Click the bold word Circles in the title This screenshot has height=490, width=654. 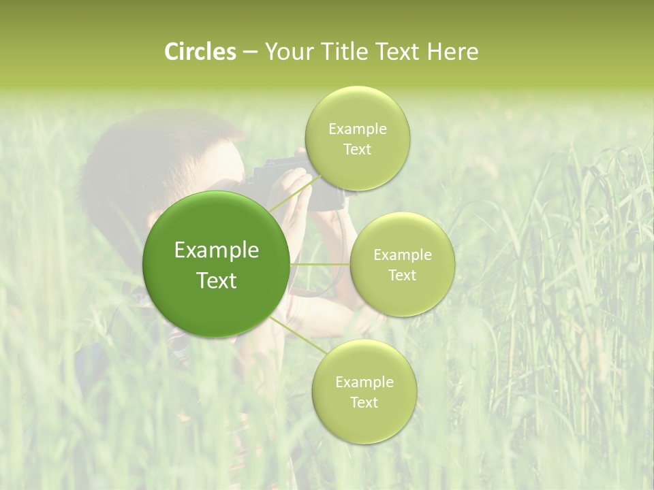[200, 52]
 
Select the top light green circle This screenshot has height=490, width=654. [357, 109]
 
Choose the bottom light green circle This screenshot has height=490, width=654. [364, 422]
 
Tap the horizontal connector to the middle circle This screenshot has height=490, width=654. [320, 264]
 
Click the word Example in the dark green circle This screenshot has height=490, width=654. [217, 250]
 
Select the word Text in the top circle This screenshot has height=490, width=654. [357, 150]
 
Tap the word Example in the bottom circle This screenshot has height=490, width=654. [364, 382]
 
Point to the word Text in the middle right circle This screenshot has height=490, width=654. [402, 275]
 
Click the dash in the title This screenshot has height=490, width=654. [250, 52]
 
